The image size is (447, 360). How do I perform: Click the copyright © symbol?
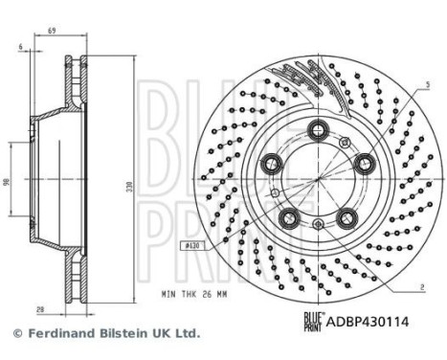point(14,334)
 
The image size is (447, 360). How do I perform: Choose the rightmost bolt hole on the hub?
point(362,165)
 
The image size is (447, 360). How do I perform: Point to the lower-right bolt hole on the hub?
point(344,217)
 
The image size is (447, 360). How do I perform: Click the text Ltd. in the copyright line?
point(185,334)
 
